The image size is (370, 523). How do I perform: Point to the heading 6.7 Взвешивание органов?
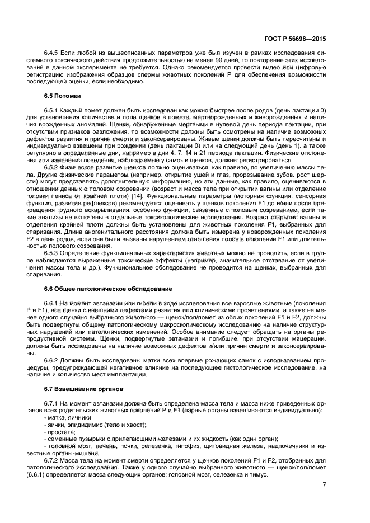coord(83,388)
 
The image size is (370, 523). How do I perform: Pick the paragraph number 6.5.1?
coord(53,110)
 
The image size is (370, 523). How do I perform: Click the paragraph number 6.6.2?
coord(53,359)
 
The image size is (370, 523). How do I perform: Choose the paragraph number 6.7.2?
coord(53,453)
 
